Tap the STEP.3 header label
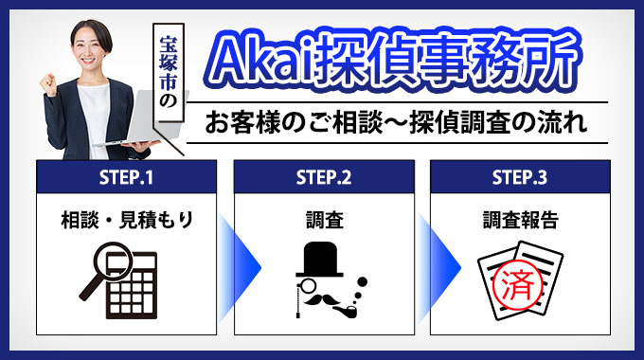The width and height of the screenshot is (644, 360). pos(520,176)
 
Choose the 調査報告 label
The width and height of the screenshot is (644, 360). pos(520,221)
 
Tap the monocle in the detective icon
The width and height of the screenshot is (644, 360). pos(302,285)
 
